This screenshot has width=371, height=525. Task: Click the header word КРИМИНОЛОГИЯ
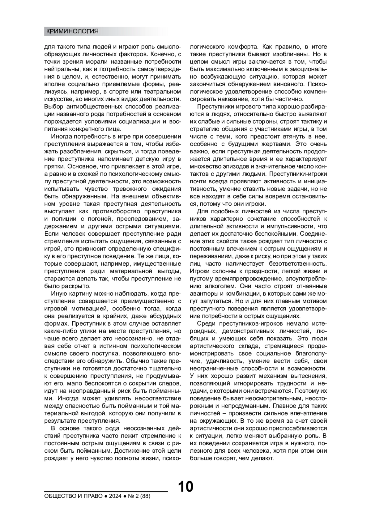72,31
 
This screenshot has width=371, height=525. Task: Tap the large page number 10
185,486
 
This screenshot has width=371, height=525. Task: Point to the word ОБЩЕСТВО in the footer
60,496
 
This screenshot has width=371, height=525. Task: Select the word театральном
163,92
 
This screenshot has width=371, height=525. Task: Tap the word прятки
53,166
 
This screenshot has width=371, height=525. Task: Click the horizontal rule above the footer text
106,491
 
